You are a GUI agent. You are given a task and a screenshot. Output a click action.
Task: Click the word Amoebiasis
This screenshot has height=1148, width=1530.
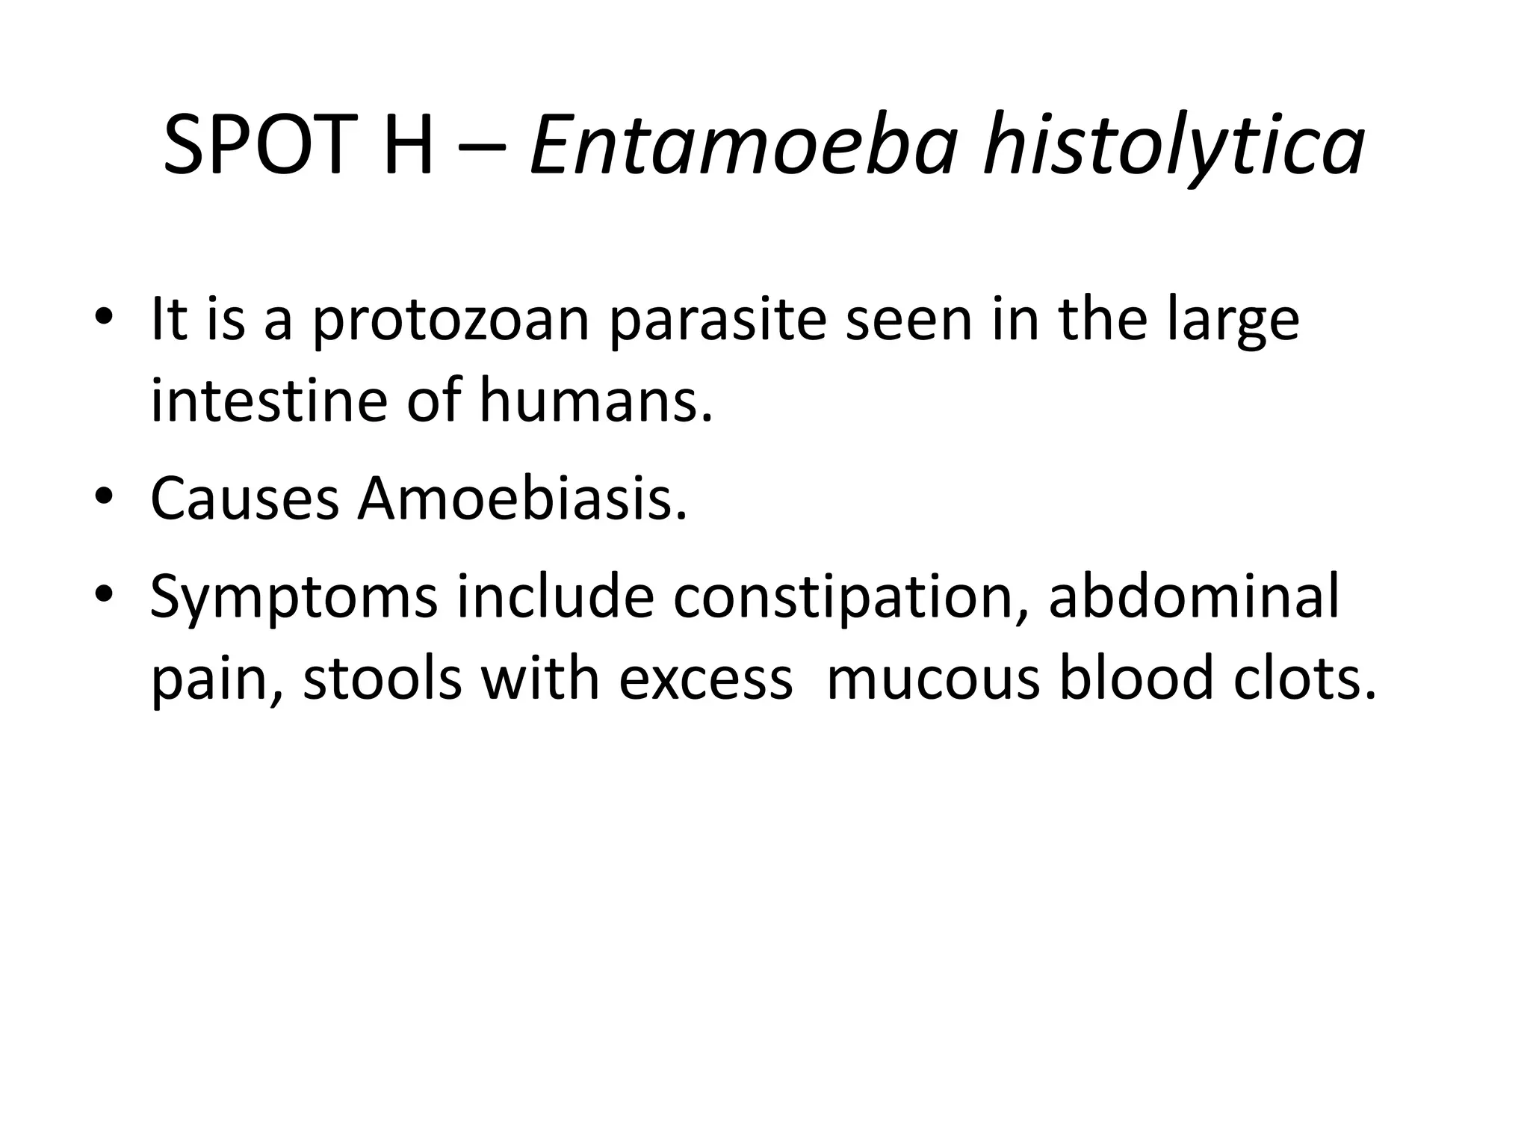coord(521,499)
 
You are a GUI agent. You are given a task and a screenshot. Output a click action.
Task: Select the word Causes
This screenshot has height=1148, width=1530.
coord(244,499)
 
